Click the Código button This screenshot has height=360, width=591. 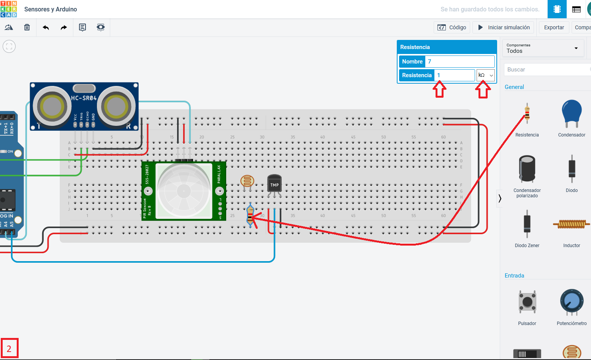click(452, 27)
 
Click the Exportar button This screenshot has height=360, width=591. click(554, 27)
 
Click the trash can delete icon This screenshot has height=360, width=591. click(27, 27)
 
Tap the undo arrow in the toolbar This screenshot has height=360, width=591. click(46, 27)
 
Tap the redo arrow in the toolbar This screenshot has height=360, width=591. click(64, 27)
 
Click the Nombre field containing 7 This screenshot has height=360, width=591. click(459, 62)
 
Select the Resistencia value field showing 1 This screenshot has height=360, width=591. click(454, 75)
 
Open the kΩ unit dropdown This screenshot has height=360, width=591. click(485, 75)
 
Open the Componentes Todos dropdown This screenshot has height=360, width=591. click(542, 48)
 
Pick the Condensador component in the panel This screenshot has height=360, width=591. click(571, 114)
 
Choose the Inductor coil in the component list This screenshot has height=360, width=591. click(571, 224)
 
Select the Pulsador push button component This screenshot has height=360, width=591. click(527, 302)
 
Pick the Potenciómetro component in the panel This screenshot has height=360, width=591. click(571, 302)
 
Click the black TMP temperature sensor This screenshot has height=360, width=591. click(274, 184)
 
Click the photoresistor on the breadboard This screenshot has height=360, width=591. click(247, 181)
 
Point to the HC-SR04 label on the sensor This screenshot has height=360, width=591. click(84, 98)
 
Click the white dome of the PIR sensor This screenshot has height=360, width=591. click(184, 191)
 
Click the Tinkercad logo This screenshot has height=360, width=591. click(9, 9)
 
